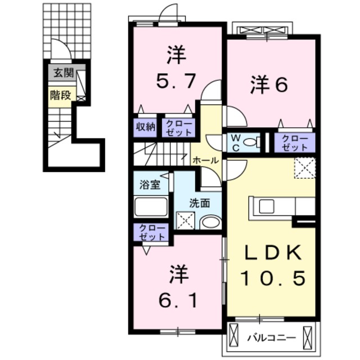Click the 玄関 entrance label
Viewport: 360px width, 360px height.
point(62,73)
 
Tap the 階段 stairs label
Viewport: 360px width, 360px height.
point(60,94)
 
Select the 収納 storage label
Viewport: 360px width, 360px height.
point(145,127)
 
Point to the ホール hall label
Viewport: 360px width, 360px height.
point(206,161)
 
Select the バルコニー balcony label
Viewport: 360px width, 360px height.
point(271,339)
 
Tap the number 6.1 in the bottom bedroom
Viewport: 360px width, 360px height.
point(176,301)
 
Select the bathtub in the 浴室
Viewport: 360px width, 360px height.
point(151,207)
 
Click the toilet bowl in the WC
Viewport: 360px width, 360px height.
point(253,142)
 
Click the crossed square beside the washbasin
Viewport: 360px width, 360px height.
point(185,220)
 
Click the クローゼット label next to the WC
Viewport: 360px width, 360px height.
point(295,143)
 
